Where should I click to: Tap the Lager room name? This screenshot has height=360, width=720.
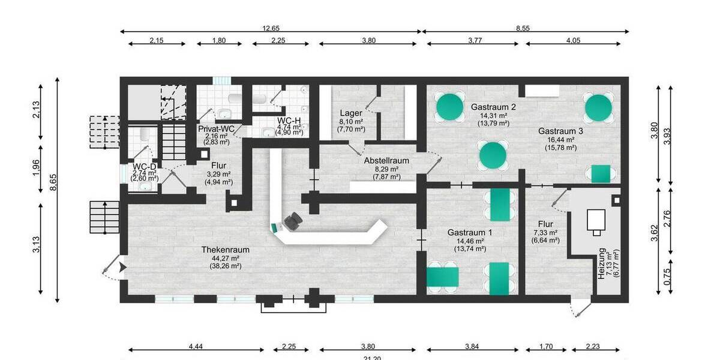(x=351, y=113)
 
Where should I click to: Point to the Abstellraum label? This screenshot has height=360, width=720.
(x=386, y=161)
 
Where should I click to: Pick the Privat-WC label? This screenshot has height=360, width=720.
(x=216, y=128)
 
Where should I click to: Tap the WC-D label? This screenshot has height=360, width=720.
(x=145, y=166)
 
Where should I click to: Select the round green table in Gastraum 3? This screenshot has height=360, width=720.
(x=598, y=107)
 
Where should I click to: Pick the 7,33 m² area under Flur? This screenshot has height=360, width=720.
(x=544, y=232)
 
